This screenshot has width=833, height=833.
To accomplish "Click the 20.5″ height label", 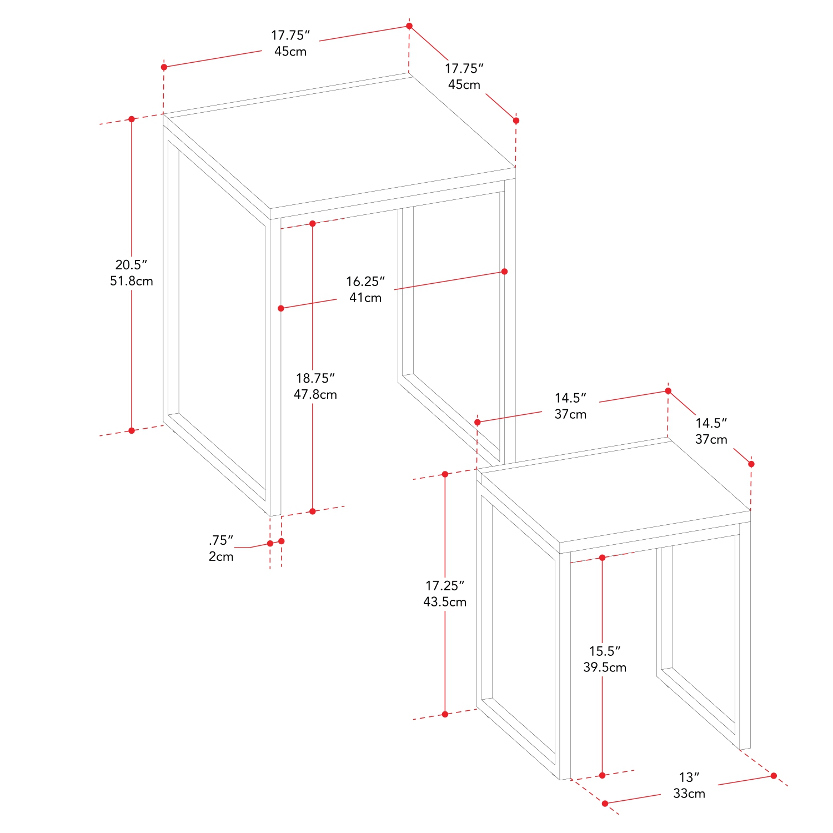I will (131, 265).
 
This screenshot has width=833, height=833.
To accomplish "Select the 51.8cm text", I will (131, 281).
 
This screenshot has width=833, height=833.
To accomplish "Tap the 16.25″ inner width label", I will (365, 282).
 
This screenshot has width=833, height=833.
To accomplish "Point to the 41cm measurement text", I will (365, 298).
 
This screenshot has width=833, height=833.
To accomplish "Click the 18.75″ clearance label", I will (315, 378).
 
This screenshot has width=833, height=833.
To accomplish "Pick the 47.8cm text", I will (315, 394).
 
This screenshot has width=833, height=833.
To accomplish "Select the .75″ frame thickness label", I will (221, 540).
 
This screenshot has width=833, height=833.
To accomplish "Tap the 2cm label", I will (221, 556).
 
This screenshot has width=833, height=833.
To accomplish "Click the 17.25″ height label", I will (445, 586).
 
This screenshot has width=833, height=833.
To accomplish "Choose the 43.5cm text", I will (445, 602).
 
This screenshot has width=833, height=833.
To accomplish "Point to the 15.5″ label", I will (605, 651).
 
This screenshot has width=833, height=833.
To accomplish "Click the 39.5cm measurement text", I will (605, 667).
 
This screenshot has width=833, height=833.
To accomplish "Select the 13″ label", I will (689, 777).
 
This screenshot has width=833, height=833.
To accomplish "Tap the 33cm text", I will (689, 794).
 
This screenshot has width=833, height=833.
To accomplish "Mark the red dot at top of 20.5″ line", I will (132, 119).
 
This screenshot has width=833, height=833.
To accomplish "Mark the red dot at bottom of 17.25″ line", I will (445, 714).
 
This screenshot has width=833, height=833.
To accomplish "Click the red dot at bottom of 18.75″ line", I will (313, 511).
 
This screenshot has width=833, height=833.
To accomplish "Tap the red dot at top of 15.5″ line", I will (603, 558).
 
